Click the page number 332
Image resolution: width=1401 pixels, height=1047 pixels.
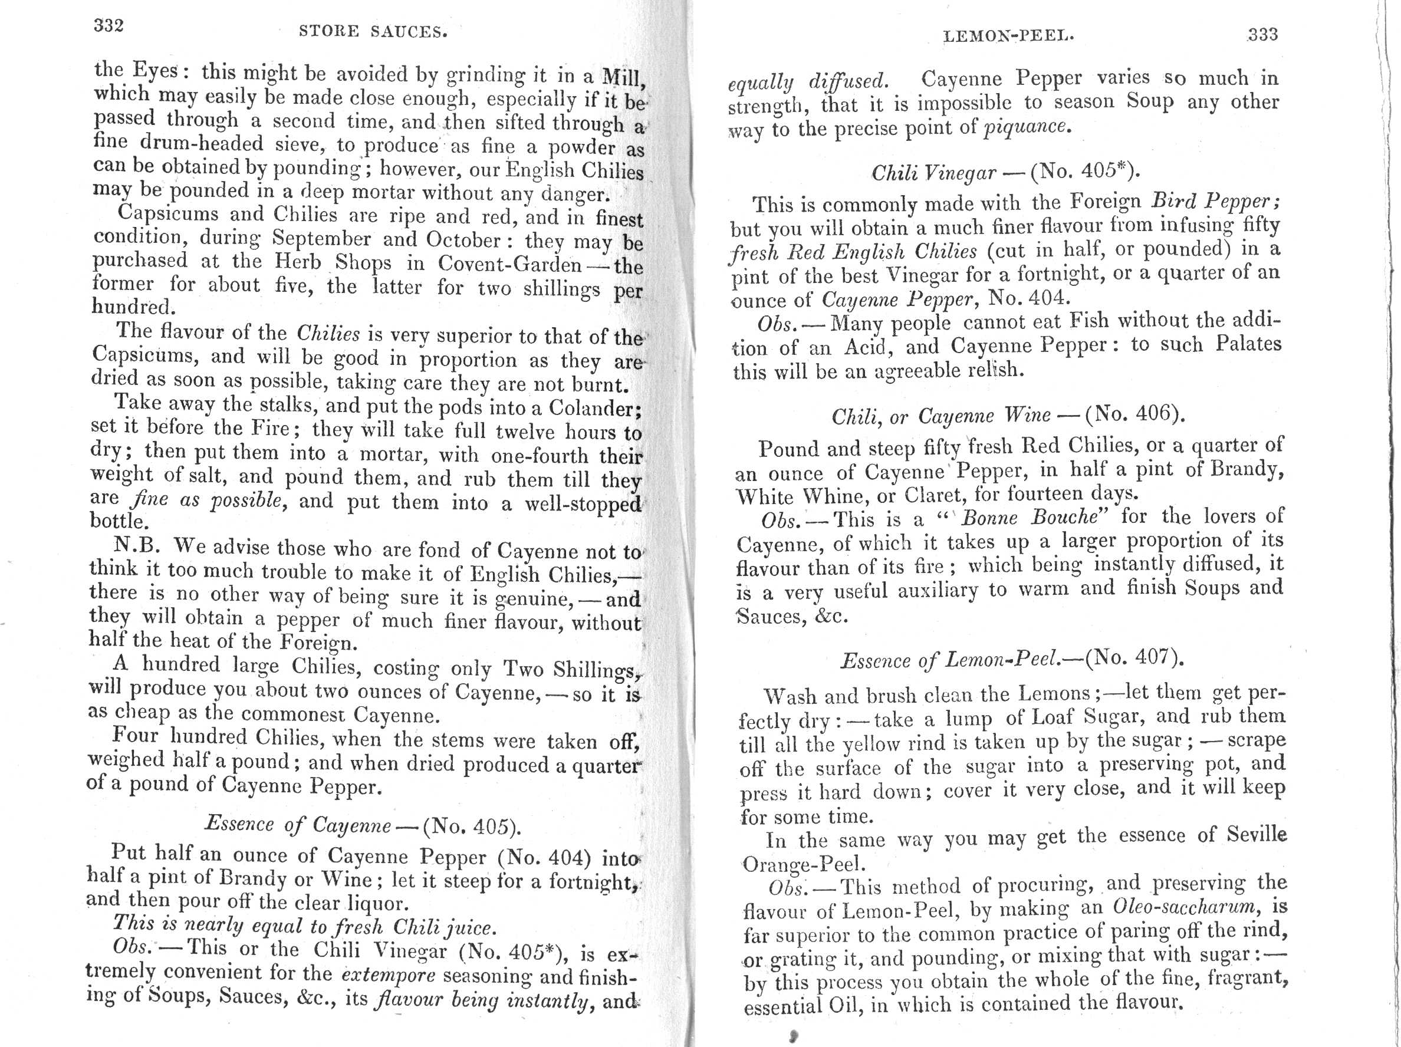coord(108,26)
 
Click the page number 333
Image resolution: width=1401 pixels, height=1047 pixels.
coord(1262,34)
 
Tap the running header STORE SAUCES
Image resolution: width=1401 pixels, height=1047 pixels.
coord(373,32)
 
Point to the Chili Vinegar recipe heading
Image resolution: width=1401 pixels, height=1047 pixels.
coord(933,173)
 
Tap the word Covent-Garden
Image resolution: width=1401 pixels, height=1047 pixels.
coord(509,264)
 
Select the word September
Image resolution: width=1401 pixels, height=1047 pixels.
coord(321,239)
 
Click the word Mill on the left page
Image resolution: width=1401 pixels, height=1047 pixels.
coord(622,77)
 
